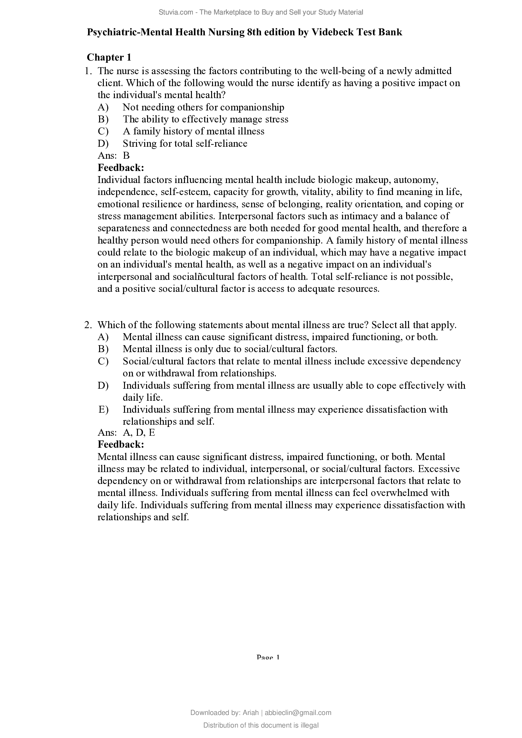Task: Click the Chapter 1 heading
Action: pyautogui.click(x=109, y=57)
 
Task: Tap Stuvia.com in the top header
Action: pyautogui.click(x=176, y=12)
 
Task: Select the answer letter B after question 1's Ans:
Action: pyautogui.click(x=126, y=156)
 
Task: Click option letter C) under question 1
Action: pyautogui.click(x=103, y=131)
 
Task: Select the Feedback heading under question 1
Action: pyautogui.click(x=121, y=168)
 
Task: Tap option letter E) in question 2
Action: pyautogui.click(x=103, y=410)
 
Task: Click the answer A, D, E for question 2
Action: pyautogui.click(x=139, y=433)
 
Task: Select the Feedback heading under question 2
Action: pyautogui.click(x=121, y=445)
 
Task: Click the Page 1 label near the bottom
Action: pyautogui.click(x=268, y=657)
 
